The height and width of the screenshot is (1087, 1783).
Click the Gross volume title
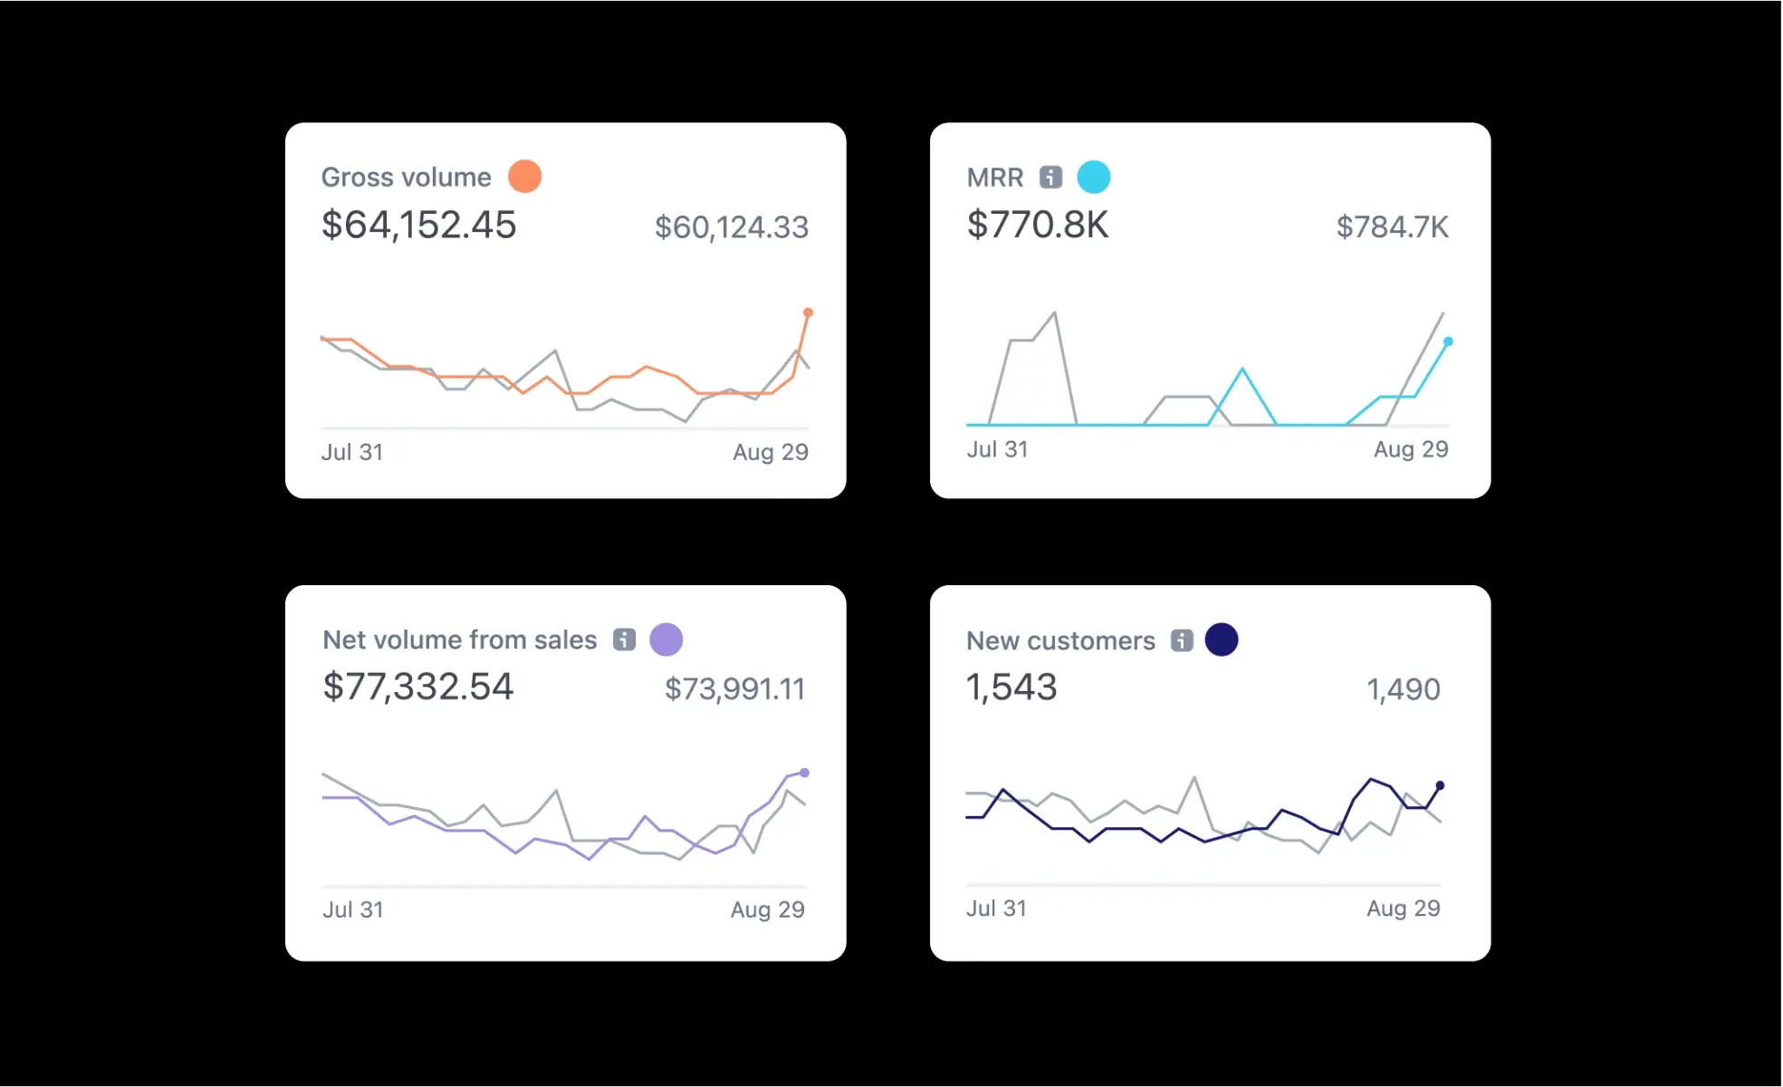pos(406,177)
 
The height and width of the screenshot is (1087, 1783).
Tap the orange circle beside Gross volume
pos(524,177)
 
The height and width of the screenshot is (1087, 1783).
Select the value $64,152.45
pos(418,225)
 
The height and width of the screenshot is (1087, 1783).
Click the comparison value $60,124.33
pos(731,227)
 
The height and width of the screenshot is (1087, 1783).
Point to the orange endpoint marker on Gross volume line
pos(808,313)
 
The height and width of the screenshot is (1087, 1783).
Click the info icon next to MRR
pos(1050,177)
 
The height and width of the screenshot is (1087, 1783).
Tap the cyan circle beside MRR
pos(1093,177)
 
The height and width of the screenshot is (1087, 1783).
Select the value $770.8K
pos(1037,225)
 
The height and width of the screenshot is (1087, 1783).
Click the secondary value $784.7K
pos(1392,227)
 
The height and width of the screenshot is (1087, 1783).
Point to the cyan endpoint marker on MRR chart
pos(1448,341)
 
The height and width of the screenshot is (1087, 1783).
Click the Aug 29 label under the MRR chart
pos(1410,449)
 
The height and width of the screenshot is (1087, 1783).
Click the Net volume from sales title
pos(459,640)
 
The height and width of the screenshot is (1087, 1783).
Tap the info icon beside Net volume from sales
pos(624,640)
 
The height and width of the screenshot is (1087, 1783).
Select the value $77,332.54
pos(417,687)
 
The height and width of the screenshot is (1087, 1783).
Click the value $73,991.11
pos(734,689)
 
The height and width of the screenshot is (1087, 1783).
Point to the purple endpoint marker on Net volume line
pos(804,773)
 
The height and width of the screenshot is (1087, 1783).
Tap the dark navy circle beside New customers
pos(1221,640)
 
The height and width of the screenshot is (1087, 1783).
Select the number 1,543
pos(1011,688)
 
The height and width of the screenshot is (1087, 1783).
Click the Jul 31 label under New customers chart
pos(996,909)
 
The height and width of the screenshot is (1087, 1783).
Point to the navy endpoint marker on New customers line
pos(1440,785)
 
